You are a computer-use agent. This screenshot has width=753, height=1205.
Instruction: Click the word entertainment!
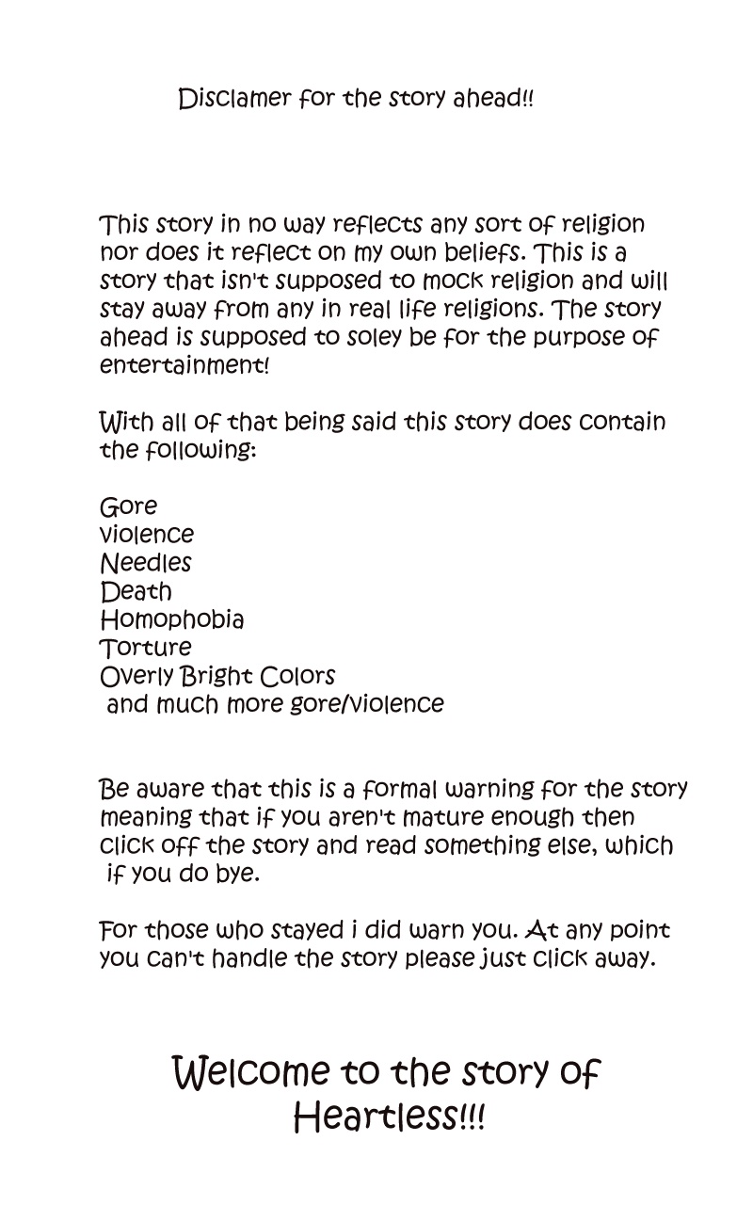tap(184, 365)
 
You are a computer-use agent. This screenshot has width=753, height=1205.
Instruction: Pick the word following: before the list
tap(200, 450)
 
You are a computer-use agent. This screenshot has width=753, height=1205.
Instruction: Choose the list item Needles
tap(145, 563)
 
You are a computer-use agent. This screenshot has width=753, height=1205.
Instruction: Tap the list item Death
tap(136, 591)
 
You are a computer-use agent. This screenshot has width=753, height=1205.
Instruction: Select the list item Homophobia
tap(171, 619)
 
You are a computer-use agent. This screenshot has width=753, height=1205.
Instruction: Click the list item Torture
tap(145, 648)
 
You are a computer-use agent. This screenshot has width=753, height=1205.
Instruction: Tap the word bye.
tap(238, 874)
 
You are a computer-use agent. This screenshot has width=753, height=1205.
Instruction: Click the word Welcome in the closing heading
tap(251, 1072)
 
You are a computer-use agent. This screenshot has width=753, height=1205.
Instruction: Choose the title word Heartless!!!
tap(389, 1118)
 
